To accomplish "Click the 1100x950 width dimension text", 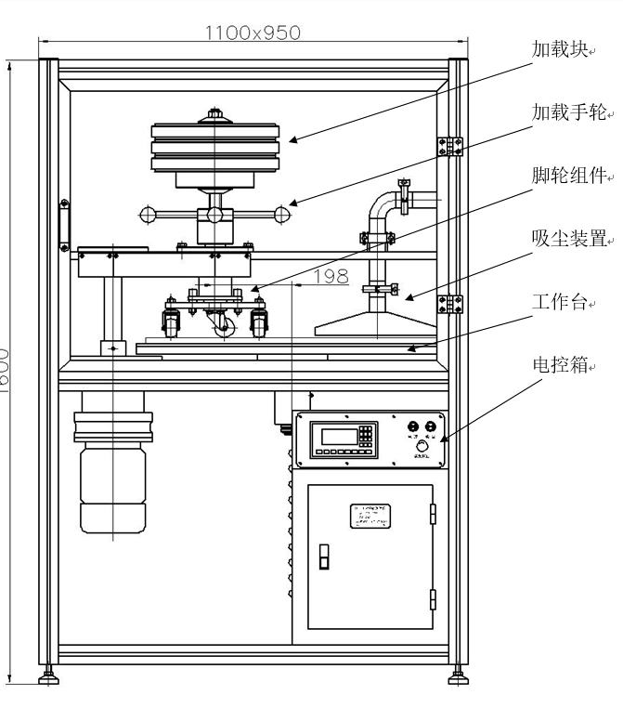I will pos(253,33).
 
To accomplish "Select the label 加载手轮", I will pos(567,113).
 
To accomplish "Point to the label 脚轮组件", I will pos(567,176).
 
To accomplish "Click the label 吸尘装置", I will pos(567,239).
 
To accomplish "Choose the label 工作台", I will pos(559,302).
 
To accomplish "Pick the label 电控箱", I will pos(559,365).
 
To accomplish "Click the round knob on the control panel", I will pos(422,448).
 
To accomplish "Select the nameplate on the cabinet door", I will pos(370,516).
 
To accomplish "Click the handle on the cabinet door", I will pos(324,555).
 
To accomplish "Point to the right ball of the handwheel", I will pos(282,216).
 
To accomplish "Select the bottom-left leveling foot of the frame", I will pos(48,676).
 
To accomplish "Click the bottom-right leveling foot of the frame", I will pos(456,676).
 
